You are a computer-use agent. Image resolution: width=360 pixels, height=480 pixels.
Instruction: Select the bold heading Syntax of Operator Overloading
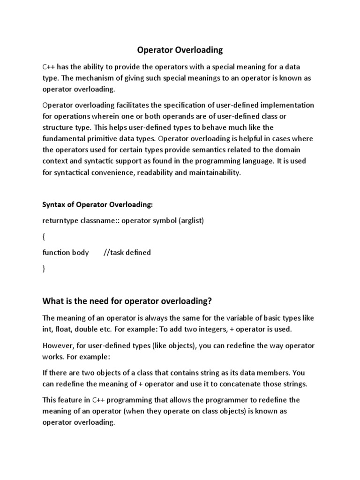pyautogui.click(x=98, y=204)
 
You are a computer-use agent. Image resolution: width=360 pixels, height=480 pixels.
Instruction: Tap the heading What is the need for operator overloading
pyautogui.click(x=130, y=300)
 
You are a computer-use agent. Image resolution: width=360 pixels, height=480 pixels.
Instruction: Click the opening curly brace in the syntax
pyautogui.click(x=44, y=237)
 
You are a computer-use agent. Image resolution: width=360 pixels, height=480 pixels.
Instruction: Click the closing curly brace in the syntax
pyautogui.click(x=44, y=269)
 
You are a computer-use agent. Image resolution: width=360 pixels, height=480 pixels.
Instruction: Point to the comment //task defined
pyautogui.click(x=127, y=253)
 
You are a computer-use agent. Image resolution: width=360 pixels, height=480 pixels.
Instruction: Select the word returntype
pyautogui.click(x=60, y=220)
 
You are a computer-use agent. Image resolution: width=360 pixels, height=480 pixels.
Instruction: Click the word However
pyautogui.click(x=58, y=345)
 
